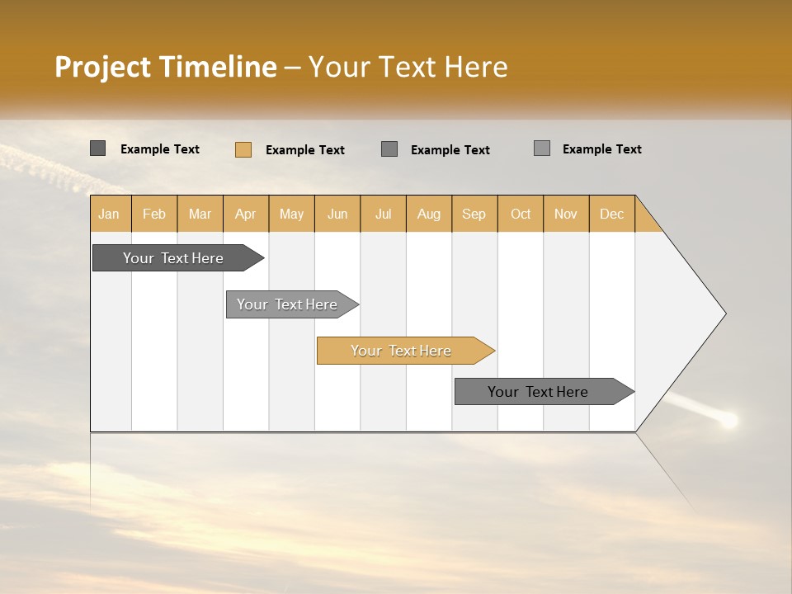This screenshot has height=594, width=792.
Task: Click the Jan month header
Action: tap(109, 214)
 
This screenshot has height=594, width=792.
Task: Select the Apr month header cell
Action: tap(246, 214)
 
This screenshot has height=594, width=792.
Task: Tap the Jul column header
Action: tap(383, 214)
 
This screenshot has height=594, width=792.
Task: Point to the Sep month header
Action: tap(474, 214)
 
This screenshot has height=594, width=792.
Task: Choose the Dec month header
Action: tap(611, 214)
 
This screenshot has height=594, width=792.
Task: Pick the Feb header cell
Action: tap(154, 214)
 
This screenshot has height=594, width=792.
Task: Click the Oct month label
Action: tap(521, 214)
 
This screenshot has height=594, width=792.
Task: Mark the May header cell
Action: tap(291, 214)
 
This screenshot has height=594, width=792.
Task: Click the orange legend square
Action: tap(243, 149)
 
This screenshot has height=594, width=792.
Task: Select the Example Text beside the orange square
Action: tap(304, 150)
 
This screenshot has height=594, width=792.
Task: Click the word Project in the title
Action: tap(104, 67)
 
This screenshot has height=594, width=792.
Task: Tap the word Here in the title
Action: tap(476, 67)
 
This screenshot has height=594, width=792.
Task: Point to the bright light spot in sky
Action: tap(728, 421)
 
